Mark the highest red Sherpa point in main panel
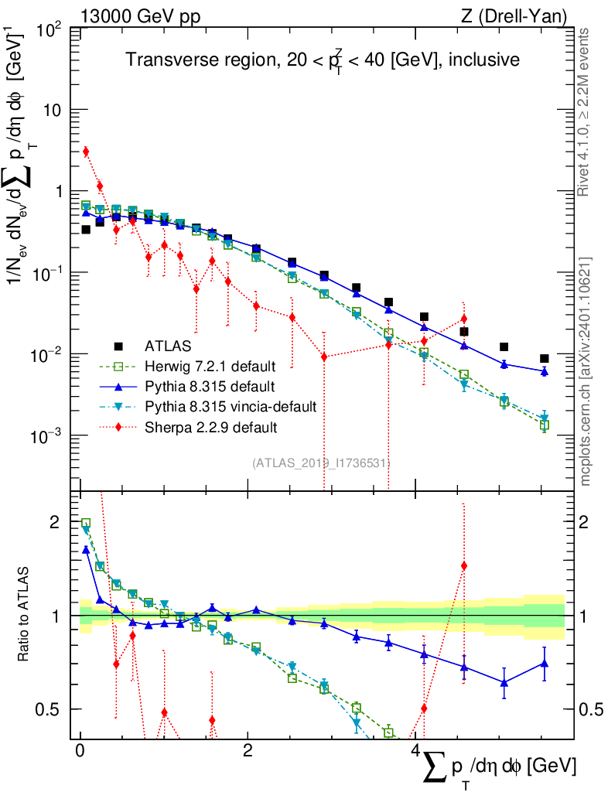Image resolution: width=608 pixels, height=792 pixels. pyautogui.click(x=86, y=152)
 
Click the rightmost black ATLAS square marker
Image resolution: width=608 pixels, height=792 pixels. pyautogui.click(x=545, y=359)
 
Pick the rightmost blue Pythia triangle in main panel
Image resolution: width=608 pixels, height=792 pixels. pyautogui.click(x=545, y=372)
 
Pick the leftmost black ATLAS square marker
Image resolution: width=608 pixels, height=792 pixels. pyautogui.click(x=86, y=230)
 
